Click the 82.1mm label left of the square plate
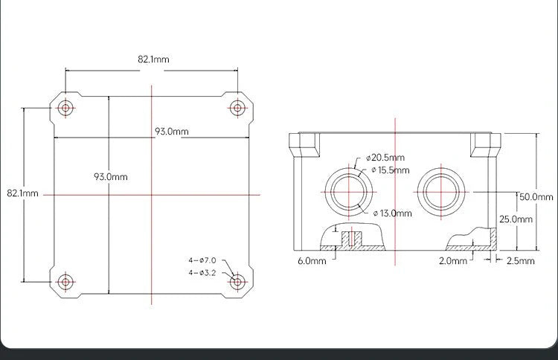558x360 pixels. point(22,193)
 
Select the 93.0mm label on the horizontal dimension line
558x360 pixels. point(171,131)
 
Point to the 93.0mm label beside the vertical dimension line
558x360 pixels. point(110,177)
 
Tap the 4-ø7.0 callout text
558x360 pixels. point(202,260)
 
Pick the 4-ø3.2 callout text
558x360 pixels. point(202,272)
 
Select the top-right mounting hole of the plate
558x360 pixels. point(237,108)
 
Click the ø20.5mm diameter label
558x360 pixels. point(385,158)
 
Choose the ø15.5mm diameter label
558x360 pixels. point(391,170)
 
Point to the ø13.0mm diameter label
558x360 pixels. point(392,213)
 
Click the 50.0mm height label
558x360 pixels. point(536,197)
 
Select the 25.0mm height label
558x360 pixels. point(516,219)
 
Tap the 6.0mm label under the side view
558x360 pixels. point(312,261)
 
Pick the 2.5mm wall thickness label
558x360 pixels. point(521,261)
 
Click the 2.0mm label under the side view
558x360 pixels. point(453,261)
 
